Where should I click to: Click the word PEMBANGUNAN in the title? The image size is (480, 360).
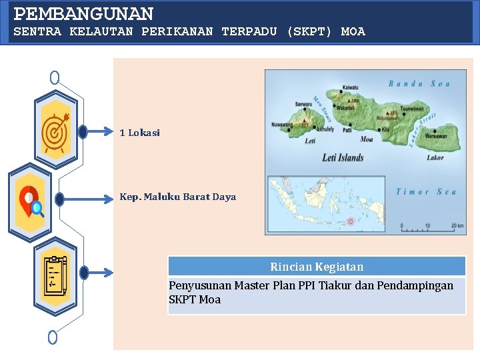click(84, 13)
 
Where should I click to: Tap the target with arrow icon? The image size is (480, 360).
click(55, 131)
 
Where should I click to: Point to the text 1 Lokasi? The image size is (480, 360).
click(140, 133)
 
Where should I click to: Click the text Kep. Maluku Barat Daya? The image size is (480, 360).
click(177, 197)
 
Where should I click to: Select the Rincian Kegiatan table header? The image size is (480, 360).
click(317, 267)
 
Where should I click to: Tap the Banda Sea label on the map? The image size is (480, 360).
click(419, 84)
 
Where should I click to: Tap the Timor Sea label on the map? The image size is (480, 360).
click(426, 192)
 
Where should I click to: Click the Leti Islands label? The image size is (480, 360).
click(343, 158)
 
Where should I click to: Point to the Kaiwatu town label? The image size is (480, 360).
click(350, 87)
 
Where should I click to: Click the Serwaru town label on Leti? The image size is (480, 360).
click(303, 104)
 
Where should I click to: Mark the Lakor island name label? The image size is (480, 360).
click(435, 158)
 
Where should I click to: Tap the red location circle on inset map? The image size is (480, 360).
click(351, 221)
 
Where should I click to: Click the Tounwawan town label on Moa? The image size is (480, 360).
click(412, 109)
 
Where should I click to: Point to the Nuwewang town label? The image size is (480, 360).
click(281, 125)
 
